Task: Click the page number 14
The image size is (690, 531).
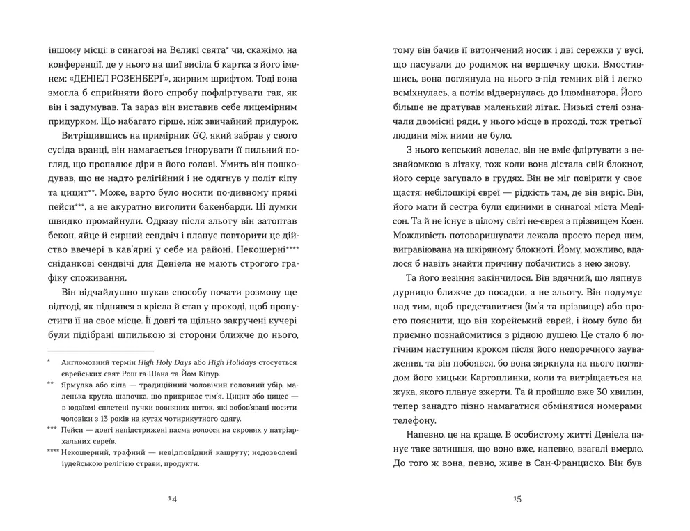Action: tap(173, 499)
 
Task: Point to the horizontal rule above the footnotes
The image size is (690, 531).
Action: tap(100, 350)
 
